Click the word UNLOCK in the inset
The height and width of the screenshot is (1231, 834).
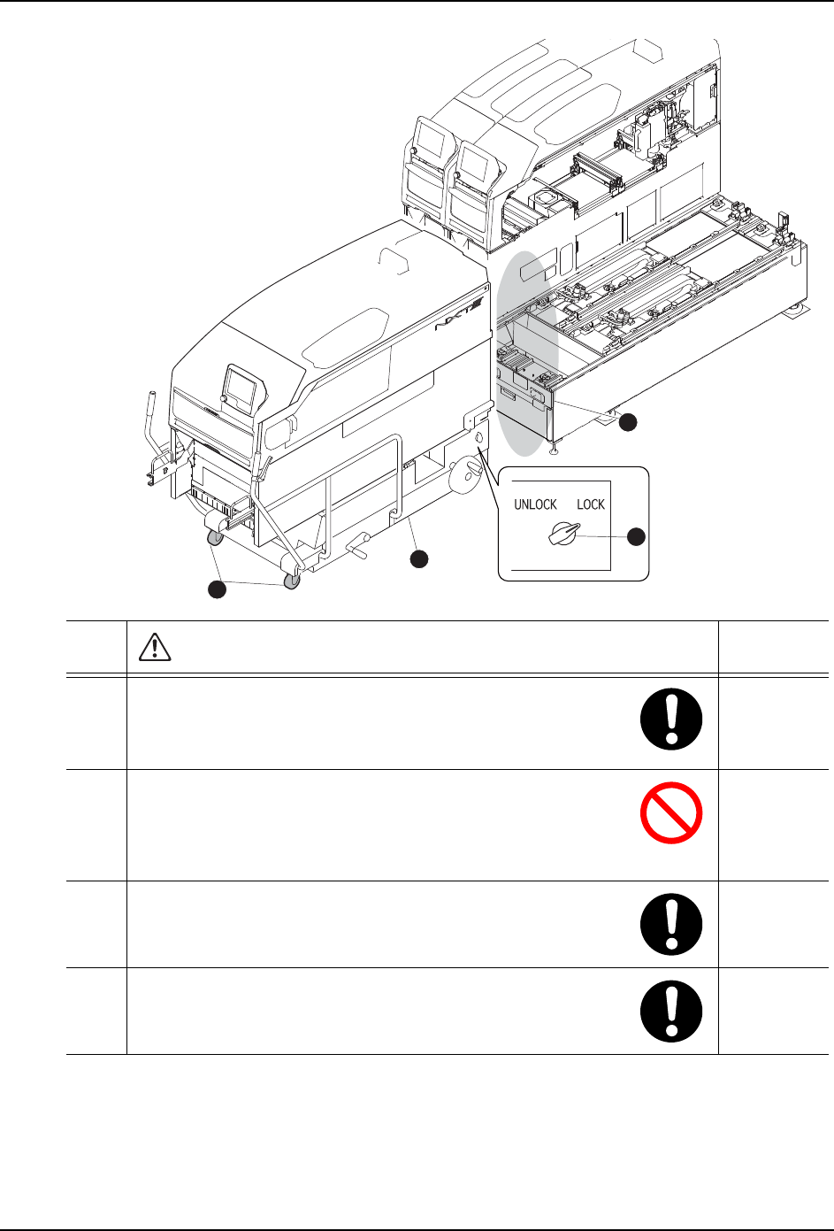535,504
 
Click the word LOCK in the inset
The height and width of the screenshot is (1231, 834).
591,504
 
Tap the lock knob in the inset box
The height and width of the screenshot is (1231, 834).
563,535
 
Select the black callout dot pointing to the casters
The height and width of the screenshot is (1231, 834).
217,590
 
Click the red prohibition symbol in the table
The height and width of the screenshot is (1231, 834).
671,812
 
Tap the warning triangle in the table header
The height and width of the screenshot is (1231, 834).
156,649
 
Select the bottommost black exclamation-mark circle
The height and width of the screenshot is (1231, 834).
671,1010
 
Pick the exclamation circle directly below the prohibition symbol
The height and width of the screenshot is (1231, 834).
671,923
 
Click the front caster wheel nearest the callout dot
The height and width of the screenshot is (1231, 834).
292,580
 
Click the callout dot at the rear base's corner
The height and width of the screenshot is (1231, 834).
627,423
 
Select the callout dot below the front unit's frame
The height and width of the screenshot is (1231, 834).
418,558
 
